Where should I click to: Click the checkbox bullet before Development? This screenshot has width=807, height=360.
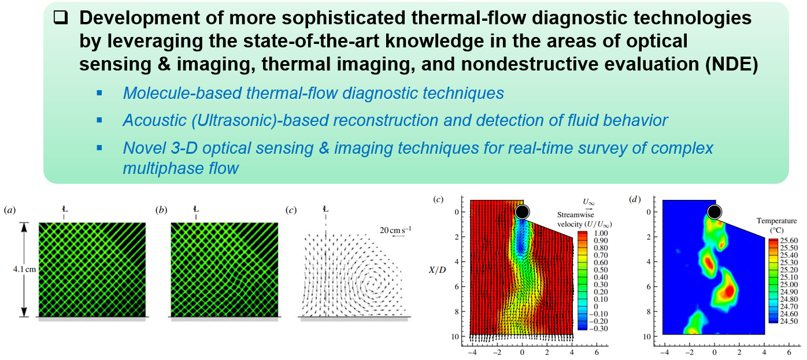click(61, 18)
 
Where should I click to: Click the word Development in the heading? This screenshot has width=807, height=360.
click(139, 18)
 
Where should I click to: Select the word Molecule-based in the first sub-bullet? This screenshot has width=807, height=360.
click(182, 93)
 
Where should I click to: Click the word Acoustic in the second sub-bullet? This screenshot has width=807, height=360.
click(154, 120)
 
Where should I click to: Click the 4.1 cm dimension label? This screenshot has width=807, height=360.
click(24, 269)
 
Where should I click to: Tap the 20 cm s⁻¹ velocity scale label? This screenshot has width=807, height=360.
click(395, 229)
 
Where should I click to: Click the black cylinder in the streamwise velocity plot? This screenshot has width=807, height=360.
click(522, 211)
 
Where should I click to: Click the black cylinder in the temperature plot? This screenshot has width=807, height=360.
click(715, 211)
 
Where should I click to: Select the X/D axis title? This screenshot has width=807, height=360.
click(437, 270)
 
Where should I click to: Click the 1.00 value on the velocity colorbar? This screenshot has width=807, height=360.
click(601, 233)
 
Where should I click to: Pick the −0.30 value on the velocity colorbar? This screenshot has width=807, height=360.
click(598, 328)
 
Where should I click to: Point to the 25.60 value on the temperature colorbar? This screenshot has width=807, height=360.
click(789, 240)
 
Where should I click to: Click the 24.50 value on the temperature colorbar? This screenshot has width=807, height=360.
click(789, 321)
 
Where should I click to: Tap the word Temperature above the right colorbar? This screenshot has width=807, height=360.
click(776, 221)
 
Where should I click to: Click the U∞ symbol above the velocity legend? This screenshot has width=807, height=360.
click(588, 202)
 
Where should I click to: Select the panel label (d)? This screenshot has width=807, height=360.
click(634, 199)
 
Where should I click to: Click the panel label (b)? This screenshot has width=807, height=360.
click(161, 210)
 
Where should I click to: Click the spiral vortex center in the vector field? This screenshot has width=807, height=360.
click(372, 283)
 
